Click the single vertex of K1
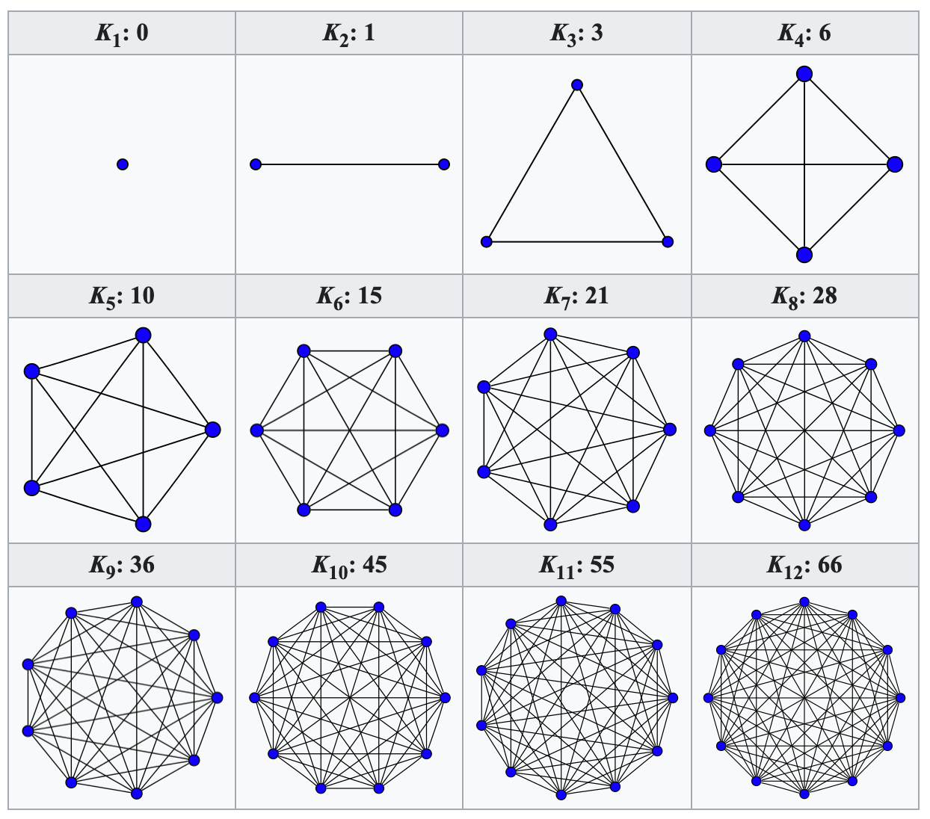tap(123, 164)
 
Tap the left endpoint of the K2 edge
tap(256, 164)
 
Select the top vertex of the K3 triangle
tap(577, 85)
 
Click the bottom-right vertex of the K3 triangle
tap(668, 241)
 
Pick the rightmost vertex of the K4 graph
tap(895, 164)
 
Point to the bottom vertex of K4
tap(804, 255)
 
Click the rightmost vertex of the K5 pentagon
tap(213, 430)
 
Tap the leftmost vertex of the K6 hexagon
tap(257, 430)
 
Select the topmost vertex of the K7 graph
tap(551, 335)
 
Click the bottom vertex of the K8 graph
tap(804, 525)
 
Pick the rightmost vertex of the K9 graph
tap(217, 698)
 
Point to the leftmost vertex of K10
tap(255, 698)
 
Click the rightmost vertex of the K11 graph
tap(673, 698)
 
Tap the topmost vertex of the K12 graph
tap(804, 602)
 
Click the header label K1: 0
tap(122, 34)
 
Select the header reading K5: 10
tap(122, 296)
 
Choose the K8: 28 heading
tap(804, 296)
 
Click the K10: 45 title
tap(349, 565)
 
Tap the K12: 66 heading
tap(804, 565)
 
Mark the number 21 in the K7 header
tap(597, 296)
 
